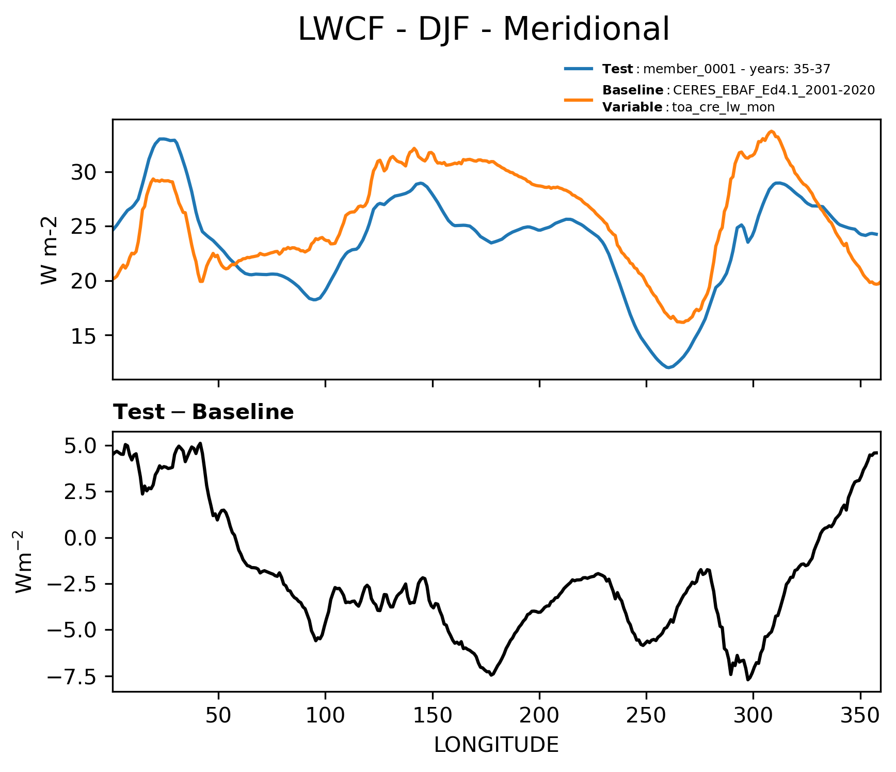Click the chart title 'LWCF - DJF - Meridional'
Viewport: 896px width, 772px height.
[x=484, y=29]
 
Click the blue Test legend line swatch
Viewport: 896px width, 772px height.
[x=579, y=69]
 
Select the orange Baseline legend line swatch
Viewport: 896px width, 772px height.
[x=579, y=99]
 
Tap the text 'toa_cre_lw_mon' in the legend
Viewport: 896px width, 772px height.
[x=723, y=107]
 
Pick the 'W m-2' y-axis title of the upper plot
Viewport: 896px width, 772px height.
[x=49, y=250]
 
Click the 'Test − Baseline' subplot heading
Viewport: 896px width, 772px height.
[x=203, y=412]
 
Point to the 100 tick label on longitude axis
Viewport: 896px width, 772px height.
[x=325, y=715]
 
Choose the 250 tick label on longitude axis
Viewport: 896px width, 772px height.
[x=646, y=715]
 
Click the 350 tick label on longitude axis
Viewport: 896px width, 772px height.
[x=860, y=715]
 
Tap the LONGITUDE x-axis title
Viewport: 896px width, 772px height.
[x=496, y=745]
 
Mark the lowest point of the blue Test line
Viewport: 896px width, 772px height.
[x=668, y=367]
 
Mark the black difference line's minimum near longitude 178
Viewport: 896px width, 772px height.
[x=491, y=675]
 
